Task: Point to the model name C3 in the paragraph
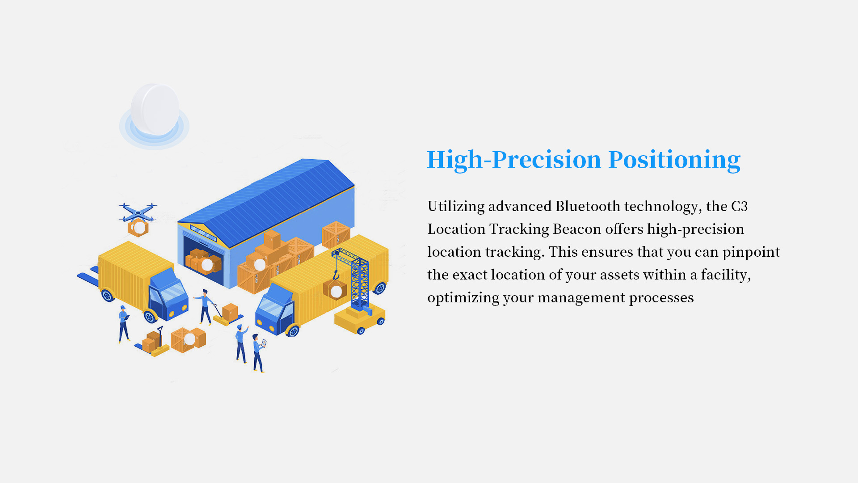739,206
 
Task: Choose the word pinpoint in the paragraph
751,252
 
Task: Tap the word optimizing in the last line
463,298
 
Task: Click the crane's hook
336,275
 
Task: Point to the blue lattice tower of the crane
359,282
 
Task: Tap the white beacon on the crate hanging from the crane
336,292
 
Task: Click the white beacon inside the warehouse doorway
207,265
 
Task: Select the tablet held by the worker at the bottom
264,343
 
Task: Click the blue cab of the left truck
168,295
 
